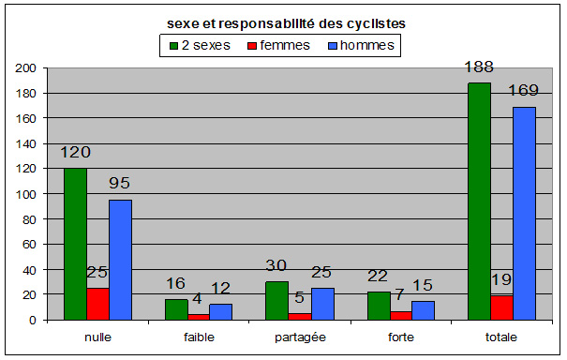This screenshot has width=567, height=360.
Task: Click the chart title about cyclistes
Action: (282, 25)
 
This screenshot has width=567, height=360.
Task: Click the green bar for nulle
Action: (76, 244)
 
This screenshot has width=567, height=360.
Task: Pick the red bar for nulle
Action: (97, 304)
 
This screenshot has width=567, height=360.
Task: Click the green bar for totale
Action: (478, 202)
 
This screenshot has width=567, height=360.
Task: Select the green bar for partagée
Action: (276, 301)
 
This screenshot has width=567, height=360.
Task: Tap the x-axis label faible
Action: (197, 335)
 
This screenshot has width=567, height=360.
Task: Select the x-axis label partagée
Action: (298, 335)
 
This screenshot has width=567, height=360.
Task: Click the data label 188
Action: (478, 67)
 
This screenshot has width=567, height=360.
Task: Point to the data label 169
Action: (523, 91)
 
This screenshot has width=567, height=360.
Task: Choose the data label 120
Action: (76, 152)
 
